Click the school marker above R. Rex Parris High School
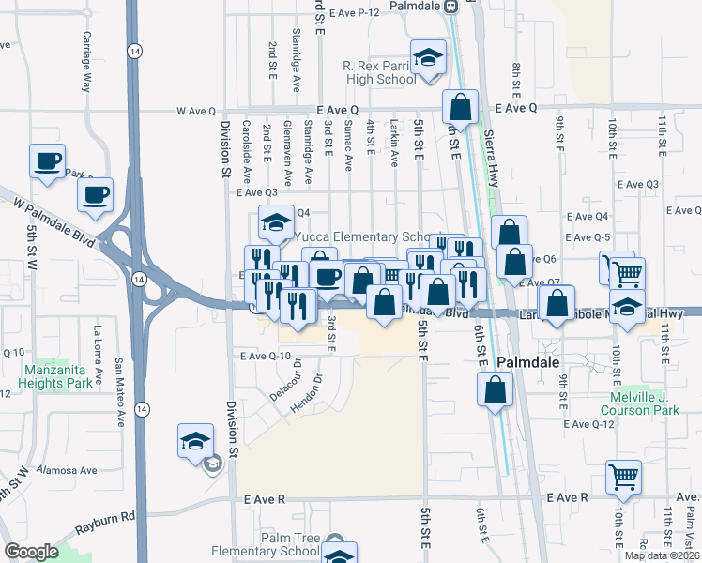(x=427, y=57)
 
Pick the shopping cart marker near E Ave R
(x=623, y=476)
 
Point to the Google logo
(x=31, y=552)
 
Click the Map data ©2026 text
(x=662, y=555)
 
